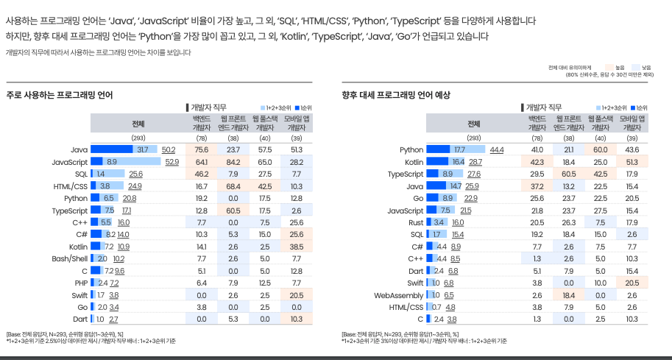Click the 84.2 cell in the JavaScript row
[x=233, y=162]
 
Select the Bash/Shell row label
[x=70, y=259]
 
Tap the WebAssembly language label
[x=399, y=295]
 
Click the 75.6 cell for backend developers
[x=202, y=149]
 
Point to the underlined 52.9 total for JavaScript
[x=171, y=162]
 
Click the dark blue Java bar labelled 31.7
[x=112, y=149]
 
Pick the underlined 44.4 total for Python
[x=497, y=149]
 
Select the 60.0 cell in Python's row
[x=601, y=149]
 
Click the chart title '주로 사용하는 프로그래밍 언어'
[x=60, y=95]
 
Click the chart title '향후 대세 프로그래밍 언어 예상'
[x=396, y=95]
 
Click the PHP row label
[x=81, y=283]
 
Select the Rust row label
[x=416, y=223]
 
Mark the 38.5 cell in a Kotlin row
[x=296, y=247]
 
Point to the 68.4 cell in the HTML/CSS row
[x=233, y=186]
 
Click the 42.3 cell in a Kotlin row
[x=537, y=162]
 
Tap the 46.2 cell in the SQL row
[x=202, y=174]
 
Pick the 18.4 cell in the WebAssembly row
[x=569, y=295]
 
